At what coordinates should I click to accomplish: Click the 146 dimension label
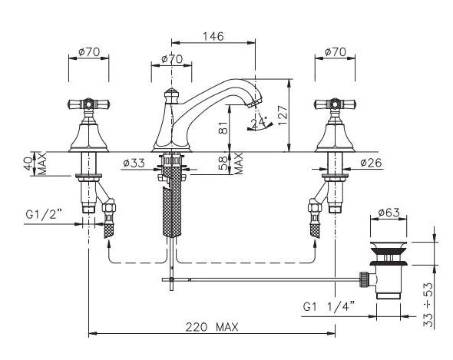pos(213,36)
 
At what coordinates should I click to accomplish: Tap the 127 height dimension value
pos(283,115)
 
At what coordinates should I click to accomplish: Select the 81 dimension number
pos(223,127)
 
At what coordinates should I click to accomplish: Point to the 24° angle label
pos(259,123)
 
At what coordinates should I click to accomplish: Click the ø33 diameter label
pos(134,163)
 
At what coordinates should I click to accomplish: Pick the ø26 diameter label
pos(372,163)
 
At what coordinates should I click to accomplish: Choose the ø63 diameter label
pos(389,213)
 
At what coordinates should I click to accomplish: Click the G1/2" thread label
pos(44,214)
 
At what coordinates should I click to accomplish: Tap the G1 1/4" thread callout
pos(329,306)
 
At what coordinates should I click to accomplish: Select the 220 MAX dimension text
pos(212,327)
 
